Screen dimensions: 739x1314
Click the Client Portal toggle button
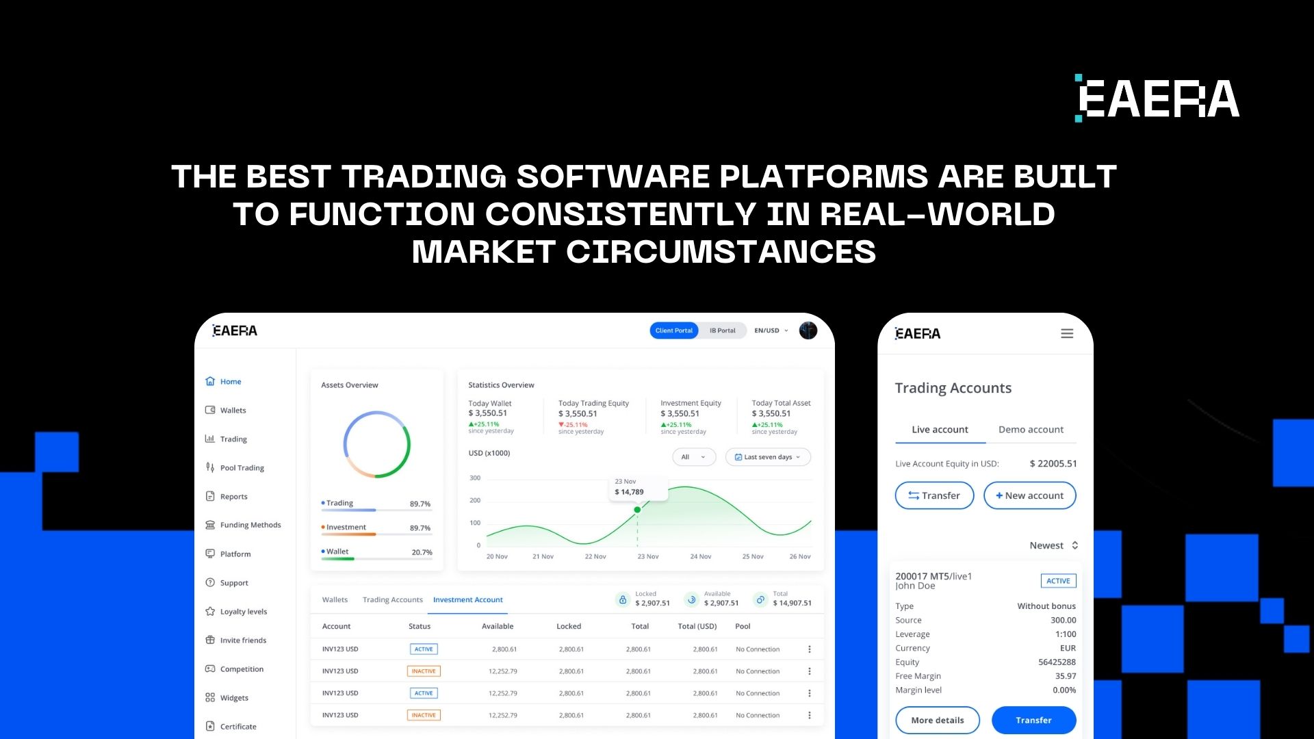point(673,330)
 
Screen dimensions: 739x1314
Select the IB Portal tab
point(722,330)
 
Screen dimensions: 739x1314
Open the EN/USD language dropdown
point(771,330)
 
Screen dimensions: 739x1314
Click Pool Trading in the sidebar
point(242,468)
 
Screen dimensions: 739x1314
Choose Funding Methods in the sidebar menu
point(250,525)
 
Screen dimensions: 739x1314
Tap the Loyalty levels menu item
point(243,612)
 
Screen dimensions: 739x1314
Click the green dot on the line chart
point(637,510)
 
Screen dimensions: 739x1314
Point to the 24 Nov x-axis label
point(700,557)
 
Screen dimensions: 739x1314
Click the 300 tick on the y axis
point(475,478)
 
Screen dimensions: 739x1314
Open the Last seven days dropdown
point(768,457)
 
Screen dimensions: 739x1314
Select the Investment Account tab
point(467,600)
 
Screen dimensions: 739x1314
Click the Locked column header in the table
point(568,627)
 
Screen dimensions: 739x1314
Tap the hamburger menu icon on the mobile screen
point(1067,334)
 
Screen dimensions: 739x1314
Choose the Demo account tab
point(1031,430)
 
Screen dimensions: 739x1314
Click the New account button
point(1029,495)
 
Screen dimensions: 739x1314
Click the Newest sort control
point(1053,545)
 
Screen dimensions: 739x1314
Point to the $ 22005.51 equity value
point(1053,464)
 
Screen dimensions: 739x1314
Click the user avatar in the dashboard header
point(808,330)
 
